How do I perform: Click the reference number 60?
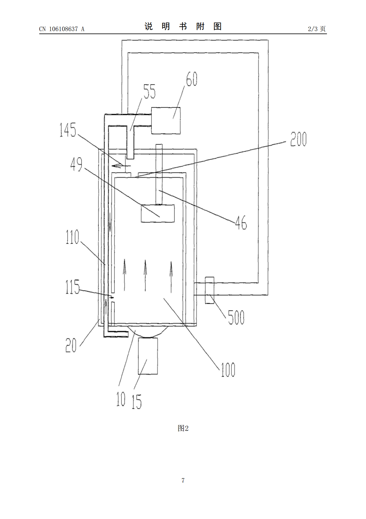192,79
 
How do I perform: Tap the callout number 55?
149,91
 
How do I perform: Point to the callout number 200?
298,139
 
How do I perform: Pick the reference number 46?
241,222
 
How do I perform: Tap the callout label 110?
72,237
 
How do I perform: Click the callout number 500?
236,317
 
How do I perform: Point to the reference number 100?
228,370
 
